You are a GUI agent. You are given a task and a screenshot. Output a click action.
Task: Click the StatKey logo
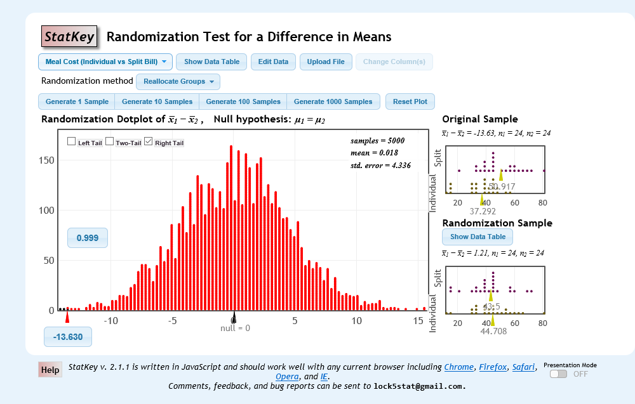(x=69, y=37)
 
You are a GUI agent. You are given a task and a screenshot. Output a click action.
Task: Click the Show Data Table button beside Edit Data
(x=211, y=62)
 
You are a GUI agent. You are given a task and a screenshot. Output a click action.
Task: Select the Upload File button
(x=326, y=62)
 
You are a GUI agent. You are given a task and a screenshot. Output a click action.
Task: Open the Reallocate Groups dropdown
(x=178, y=82)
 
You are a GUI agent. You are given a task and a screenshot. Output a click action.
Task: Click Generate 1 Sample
(x=77, y=101)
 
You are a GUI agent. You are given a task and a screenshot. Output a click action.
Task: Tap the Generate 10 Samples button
(x=157, y=101)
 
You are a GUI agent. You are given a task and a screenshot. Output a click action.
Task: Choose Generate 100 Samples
(x=243, y=101)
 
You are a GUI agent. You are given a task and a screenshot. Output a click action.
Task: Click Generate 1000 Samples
(x=333, y=101)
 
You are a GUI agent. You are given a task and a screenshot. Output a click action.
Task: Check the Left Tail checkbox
(x=72, y=141)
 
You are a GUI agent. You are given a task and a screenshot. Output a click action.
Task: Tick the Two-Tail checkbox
(x=109, y=141)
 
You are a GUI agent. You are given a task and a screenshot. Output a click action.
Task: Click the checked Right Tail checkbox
(x=149, y=141)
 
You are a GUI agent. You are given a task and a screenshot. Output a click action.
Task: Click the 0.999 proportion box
(x=88, y=238)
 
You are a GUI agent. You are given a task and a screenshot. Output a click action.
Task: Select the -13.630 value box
(x=68, y=337)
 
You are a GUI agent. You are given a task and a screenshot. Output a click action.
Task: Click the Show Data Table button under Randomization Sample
(x=478, y=237)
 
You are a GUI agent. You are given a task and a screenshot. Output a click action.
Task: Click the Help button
(x=50, y=370)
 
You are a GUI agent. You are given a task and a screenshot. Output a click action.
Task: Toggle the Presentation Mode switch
(x=559, y=374)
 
